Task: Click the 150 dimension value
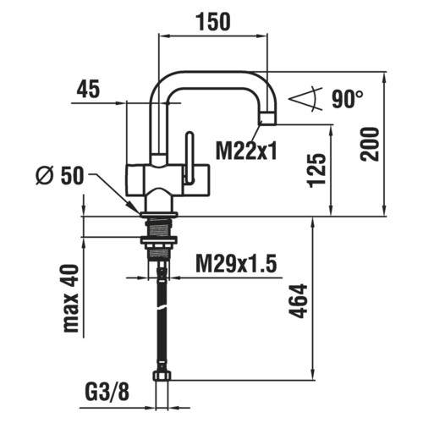214,22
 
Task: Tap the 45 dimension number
88,89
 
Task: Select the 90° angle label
348,99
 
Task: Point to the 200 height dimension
370,144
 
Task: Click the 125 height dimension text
317,171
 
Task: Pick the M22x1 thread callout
246,151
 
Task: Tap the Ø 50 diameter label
60,175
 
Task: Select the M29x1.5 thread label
236,264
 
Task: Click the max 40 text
71,298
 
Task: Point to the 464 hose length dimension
299,301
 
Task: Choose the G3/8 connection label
107,392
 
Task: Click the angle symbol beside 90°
305,99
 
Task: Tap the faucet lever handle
190,159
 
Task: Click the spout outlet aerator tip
268,118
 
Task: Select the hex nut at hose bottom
162,376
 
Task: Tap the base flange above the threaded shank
159,214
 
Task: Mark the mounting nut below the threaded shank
159,240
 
